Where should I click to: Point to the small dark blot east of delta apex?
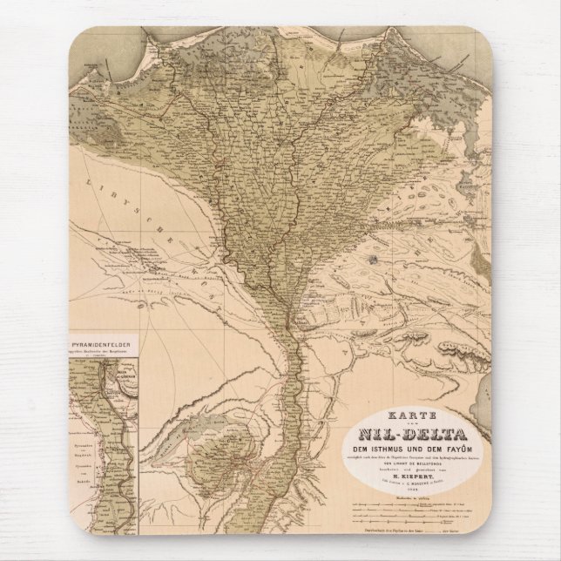point(372,258)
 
